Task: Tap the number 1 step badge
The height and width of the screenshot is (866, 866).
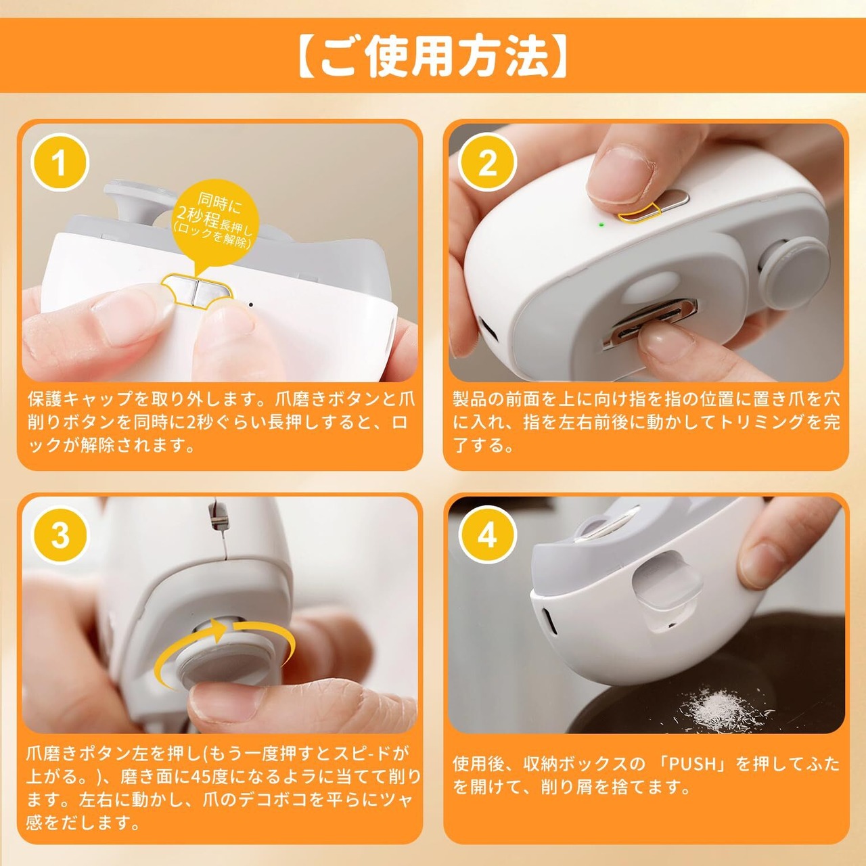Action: point(60,162)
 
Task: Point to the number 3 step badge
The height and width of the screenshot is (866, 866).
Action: point(60,535)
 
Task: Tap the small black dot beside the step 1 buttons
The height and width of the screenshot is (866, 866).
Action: point(251,304)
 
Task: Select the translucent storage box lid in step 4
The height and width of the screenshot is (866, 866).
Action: point(666,584)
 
